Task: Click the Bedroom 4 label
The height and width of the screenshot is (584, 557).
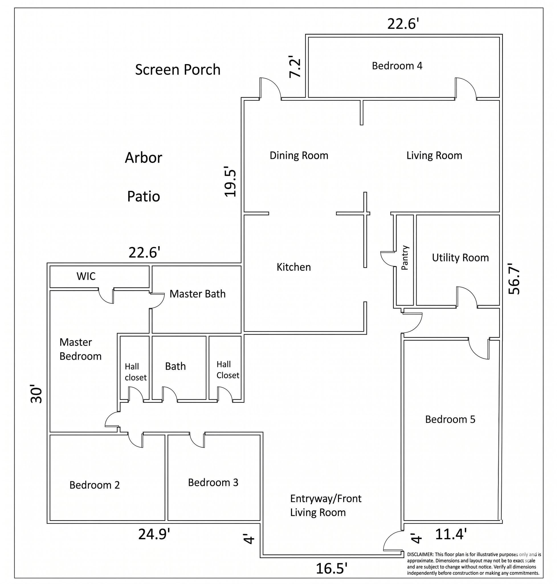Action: pyautogui.click(x=397, y=66)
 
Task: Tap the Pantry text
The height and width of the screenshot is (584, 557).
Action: pyautogui.click(x=405, y=257)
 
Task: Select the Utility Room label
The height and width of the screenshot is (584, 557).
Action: pyautogui.click(x=460, y=258)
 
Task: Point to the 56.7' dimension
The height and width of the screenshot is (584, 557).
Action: pyautogui.click(x=514, y=279)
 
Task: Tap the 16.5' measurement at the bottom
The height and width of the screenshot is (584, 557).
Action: pyautogui.click(x=331, y=569)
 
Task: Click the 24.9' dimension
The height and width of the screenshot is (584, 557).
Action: pyautogui.click(x=154, y=534)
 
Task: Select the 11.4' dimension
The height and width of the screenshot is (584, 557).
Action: pyautogui.click(x=451, y=534)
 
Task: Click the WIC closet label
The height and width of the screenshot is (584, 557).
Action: pyautogui.click(x=86, y=276)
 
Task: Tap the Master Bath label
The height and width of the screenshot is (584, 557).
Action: pyautogui.click(x=197, y=294)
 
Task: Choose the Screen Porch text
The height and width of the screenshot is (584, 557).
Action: pyautogui.click(x=177, y=70)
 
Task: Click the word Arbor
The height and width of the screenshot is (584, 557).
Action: pyautogui.click(x=143, y=157)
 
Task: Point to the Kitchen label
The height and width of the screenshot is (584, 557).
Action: pyautogui.click(x=294, y=267)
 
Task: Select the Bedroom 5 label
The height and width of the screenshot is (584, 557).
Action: pyautogui.click(x=450, y=419)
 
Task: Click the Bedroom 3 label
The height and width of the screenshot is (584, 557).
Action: pyautogui.click(x=213, y=482)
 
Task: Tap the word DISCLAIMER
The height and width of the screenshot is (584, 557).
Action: pyautogui.click(x=420, y=554)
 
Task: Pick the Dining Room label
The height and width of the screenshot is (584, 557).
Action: pyautogui.click(x=299, y=155)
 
